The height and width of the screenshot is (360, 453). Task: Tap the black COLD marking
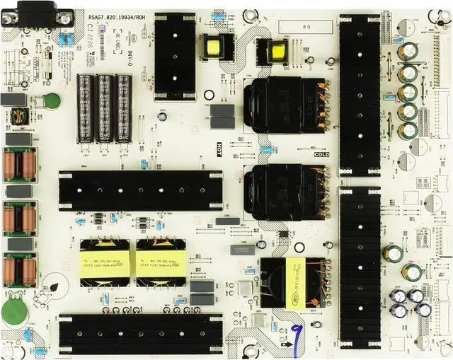321,153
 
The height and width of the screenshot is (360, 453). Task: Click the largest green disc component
13,312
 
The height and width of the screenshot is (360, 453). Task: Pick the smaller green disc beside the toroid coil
52,100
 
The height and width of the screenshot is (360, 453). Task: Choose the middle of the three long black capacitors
105,103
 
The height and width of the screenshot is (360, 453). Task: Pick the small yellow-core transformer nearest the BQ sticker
277,51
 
